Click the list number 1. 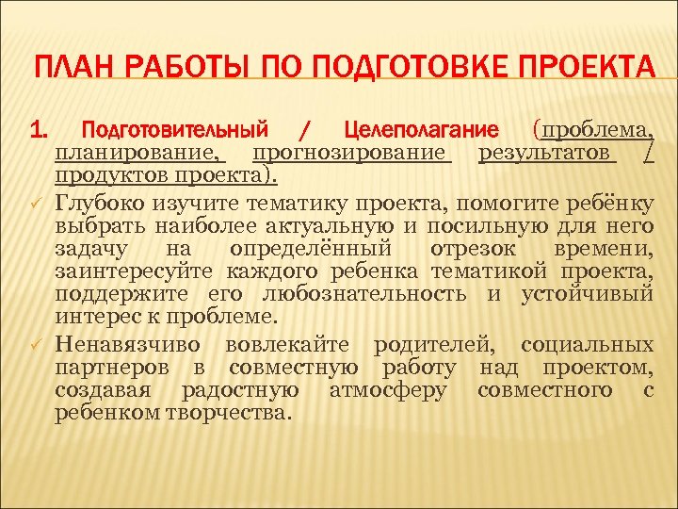40,128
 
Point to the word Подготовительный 175,128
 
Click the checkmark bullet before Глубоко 38,201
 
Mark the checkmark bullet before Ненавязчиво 38,342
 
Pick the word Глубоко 100,200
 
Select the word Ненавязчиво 130,341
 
